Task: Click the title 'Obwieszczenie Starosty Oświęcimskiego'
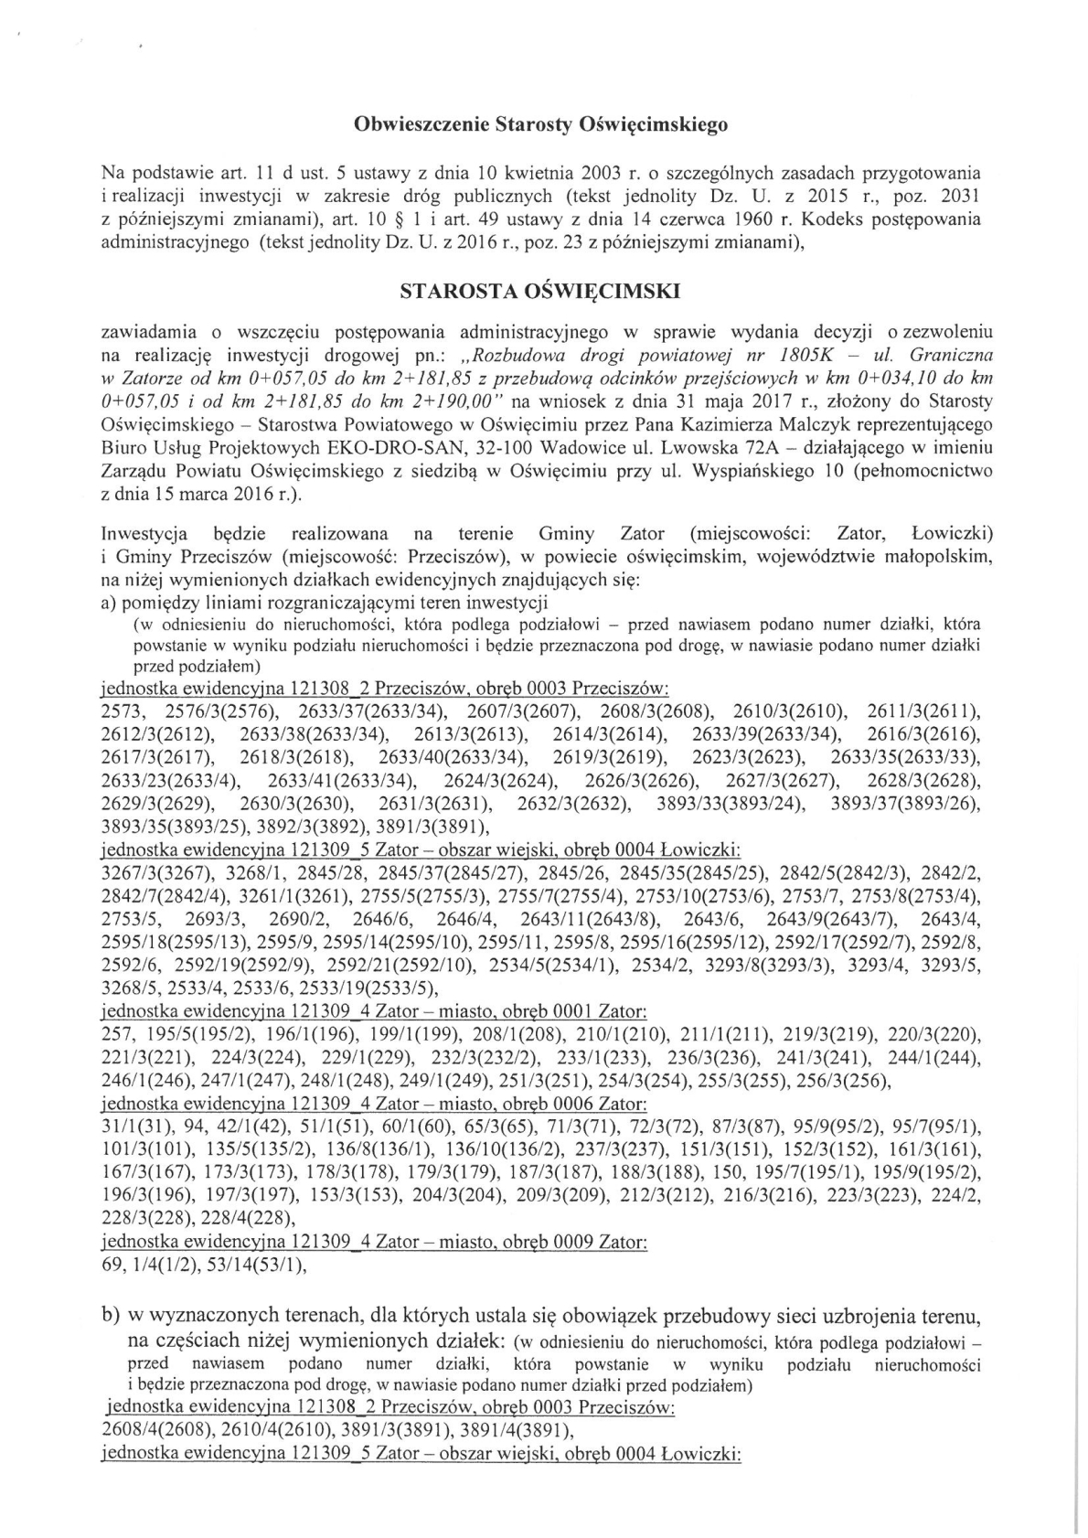click(x=540, y=124)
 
